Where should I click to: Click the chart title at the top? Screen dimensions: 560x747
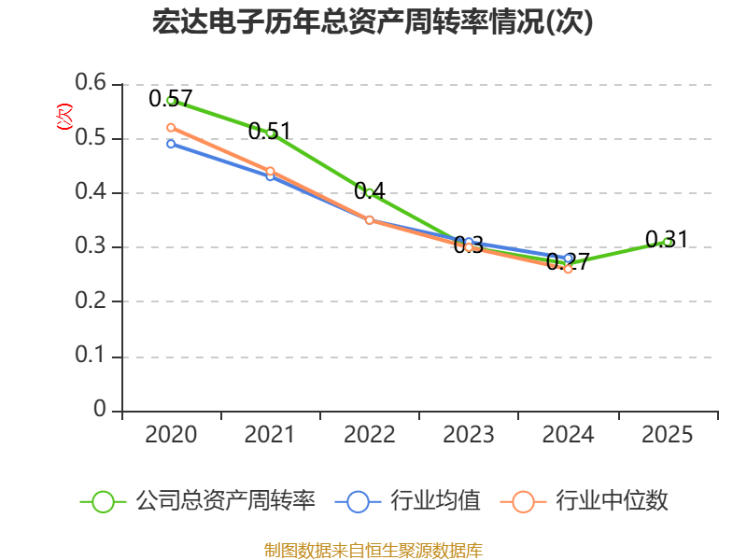[373, 22]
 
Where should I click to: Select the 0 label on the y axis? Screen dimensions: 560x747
[101, 410]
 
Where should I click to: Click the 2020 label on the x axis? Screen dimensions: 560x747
[171, 435]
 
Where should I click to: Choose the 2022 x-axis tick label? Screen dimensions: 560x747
[369, 435]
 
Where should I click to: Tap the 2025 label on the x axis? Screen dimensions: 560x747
[667, 435]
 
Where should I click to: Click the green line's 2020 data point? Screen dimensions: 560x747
[171, 100]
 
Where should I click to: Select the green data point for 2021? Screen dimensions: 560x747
[270, 133]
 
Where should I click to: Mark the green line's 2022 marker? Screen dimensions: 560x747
[369, 192]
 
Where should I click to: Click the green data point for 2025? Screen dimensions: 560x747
[667, 242]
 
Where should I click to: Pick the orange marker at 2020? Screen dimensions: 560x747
[171, 127]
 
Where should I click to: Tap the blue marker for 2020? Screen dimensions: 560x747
[171, 144]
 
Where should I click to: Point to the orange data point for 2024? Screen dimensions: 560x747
[568, 269]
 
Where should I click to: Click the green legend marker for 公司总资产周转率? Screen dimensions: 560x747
[103, 501]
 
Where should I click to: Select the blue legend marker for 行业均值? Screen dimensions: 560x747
[358, 501]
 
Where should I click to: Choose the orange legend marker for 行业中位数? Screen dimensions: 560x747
[523, 501]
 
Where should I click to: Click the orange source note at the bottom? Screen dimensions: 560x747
[373, 550]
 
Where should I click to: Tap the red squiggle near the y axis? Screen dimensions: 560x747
[63, 117]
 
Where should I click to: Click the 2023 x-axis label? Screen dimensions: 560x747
[469, 435]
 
